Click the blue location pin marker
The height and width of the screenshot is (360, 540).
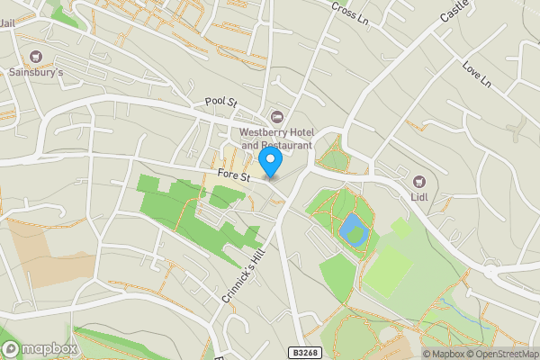tap(270, 162)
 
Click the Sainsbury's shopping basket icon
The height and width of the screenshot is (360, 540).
tap(36, 56)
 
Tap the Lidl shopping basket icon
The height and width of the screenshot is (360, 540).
tap(418, 180)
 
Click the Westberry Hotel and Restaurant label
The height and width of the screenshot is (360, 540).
tap(276, 139)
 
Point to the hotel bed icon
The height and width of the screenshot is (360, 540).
tap(276, 117)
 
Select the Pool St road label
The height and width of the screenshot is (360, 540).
tap(220, 103)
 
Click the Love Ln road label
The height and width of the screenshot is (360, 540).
tap(476, 74)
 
